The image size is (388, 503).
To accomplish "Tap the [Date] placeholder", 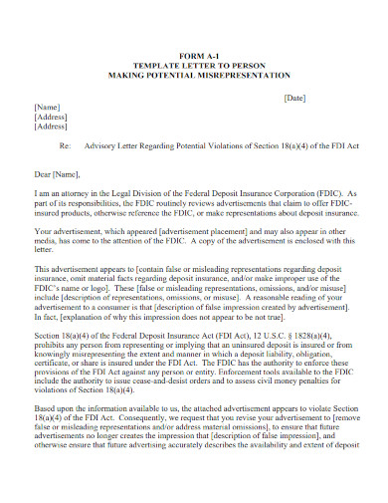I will (x=295, y=98).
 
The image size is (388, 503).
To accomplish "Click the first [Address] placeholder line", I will (x=51, y=117).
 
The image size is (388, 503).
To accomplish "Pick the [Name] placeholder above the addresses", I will (x=47, y=107).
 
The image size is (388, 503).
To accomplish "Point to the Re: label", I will (x=66, y=144).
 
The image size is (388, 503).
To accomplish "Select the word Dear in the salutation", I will (x=45, y=172).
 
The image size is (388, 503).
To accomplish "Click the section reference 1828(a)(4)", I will (x=319, y=336).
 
